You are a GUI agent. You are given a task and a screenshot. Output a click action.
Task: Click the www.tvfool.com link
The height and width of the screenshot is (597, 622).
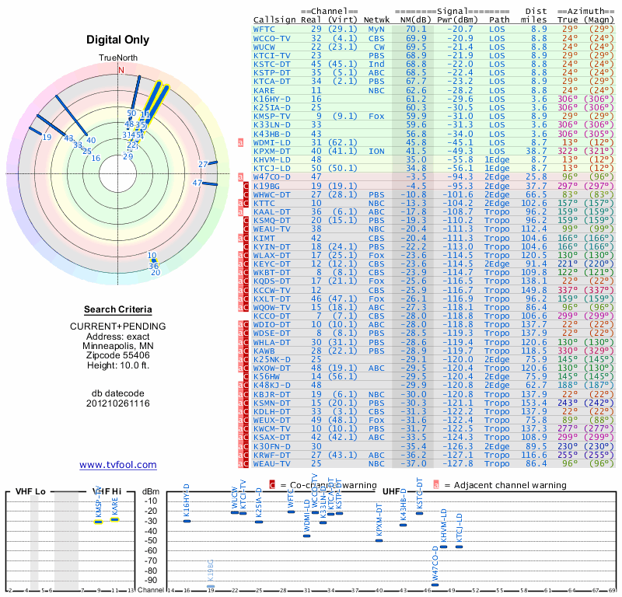coord(118,465)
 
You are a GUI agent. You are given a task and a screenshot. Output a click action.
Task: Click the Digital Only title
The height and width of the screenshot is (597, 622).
coord(118,40)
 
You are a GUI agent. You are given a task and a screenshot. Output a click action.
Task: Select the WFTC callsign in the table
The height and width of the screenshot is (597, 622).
coord(264,29)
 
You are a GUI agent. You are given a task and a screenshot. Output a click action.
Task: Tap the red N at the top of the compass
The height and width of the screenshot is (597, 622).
coord(121,70)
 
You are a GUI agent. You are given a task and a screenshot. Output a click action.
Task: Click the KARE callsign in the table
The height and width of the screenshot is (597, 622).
coord(264,90)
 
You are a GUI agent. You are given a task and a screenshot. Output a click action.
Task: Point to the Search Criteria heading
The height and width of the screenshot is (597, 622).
coord(118,309)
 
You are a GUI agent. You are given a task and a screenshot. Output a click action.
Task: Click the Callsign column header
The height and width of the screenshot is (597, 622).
coord(275,19)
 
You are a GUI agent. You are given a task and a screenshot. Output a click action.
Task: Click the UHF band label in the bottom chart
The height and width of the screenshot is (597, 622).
coord(391,492)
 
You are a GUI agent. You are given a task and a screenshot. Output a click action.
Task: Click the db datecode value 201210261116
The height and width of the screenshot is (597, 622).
coord(118,403)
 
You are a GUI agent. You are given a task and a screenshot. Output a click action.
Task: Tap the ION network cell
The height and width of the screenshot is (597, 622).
coord(376,151)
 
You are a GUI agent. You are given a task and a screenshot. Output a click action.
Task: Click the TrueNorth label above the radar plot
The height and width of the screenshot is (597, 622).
coord(118,58)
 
